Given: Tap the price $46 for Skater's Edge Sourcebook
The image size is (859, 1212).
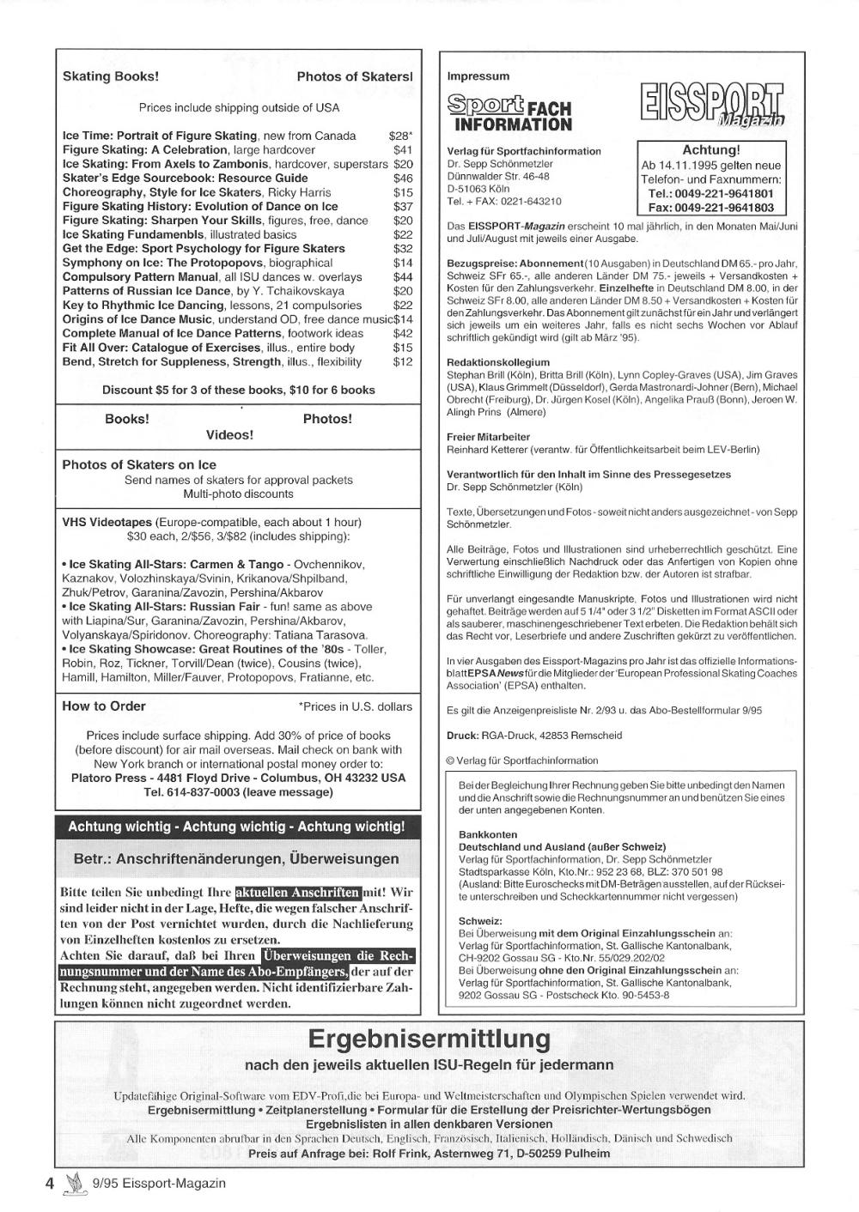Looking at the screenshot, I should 403,179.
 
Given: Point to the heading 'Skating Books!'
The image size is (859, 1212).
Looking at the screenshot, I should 111,76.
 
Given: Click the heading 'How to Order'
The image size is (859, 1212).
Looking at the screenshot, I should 104,706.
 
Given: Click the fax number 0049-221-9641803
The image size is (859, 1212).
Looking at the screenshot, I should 710,208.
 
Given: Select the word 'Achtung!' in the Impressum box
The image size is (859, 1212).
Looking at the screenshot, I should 710,150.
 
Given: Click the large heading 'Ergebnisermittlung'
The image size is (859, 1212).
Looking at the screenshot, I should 429,1039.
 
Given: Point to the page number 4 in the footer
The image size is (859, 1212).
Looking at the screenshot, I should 50,1183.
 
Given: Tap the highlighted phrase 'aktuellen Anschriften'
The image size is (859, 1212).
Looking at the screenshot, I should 298,892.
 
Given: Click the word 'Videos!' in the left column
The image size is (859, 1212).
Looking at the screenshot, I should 229,435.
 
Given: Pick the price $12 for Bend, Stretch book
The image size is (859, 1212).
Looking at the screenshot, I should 403,361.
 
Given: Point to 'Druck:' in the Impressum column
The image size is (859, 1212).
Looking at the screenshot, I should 462,736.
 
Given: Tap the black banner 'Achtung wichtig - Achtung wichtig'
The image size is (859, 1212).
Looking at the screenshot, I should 236,827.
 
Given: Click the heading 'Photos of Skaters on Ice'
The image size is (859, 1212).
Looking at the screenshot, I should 139,465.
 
